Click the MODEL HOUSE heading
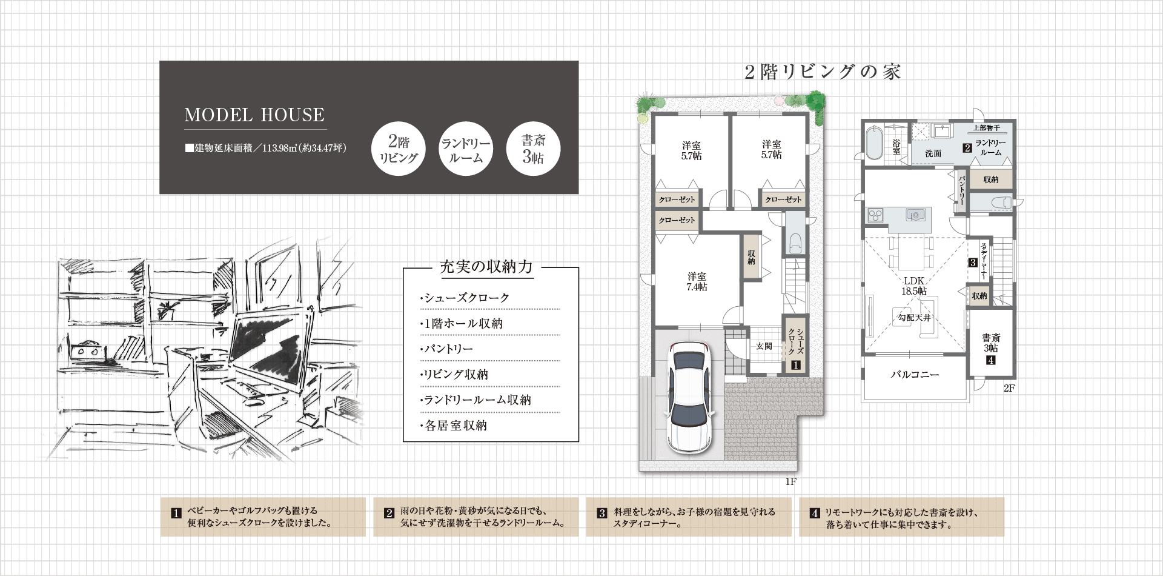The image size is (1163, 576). (254, 115)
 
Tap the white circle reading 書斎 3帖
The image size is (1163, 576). (533, 149)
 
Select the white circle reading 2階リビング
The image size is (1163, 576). (399, 149)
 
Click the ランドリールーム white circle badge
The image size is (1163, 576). (466, 149)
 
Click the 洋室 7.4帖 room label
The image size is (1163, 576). (697, 282)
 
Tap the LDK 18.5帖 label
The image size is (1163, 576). (914, 286)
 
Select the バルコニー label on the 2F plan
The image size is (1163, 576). (915, 375)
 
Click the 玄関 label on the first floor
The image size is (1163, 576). (764, 346)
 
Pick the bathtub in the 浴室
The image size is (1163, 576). (874, 143)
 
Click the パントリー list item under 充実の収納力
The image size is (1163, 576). (446, 349)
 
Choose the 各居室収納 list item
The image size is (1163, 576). (454, 426)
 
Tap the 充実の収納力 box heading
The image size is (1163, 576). (486, 267)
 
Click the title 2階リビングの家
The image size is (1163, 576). (823, 72)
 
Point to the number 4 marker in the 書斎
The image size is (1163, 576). (991, 360)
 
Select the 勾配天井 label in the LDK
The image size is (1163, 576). (914, 318)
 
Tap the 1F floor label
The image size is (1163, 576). (790, 482)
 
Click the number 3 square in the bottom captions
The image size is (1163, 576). (602, 513)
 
